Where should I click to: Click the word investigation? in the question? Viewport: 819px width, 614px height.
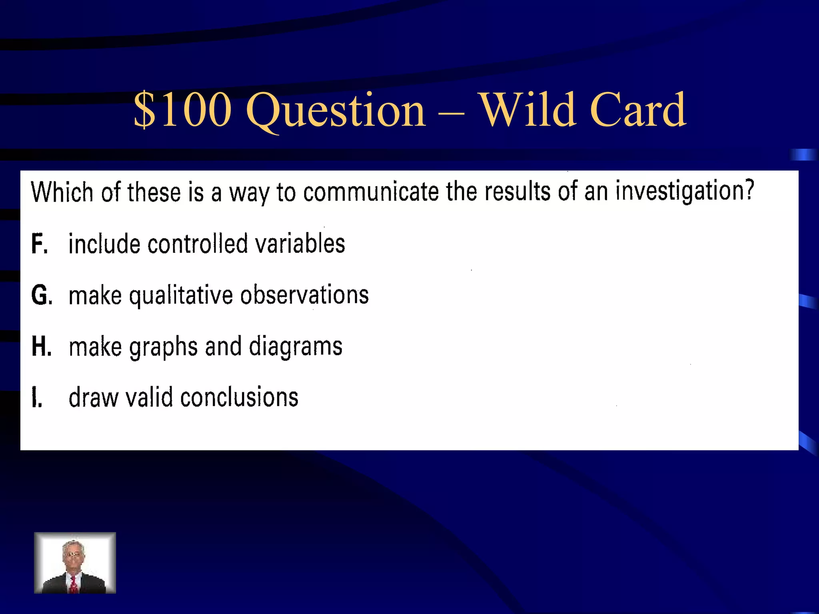point(684,191)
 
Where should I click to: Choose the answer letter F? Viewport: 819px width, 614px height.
point(39,243)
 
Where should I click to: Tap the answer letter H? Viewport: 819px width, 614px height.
point(41,346)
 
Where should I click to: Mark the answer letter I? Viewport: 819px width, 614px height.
point(37,398)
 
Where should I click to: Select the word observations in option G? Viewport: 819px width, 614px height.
point(304,295)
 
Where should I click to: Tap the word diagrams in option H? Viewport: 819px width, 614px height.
point(296,346)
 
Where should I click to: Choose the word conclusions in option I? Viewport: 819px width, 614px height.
point(239,397)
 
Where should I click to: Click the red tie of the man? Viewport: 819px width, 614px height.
point(74,584)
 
